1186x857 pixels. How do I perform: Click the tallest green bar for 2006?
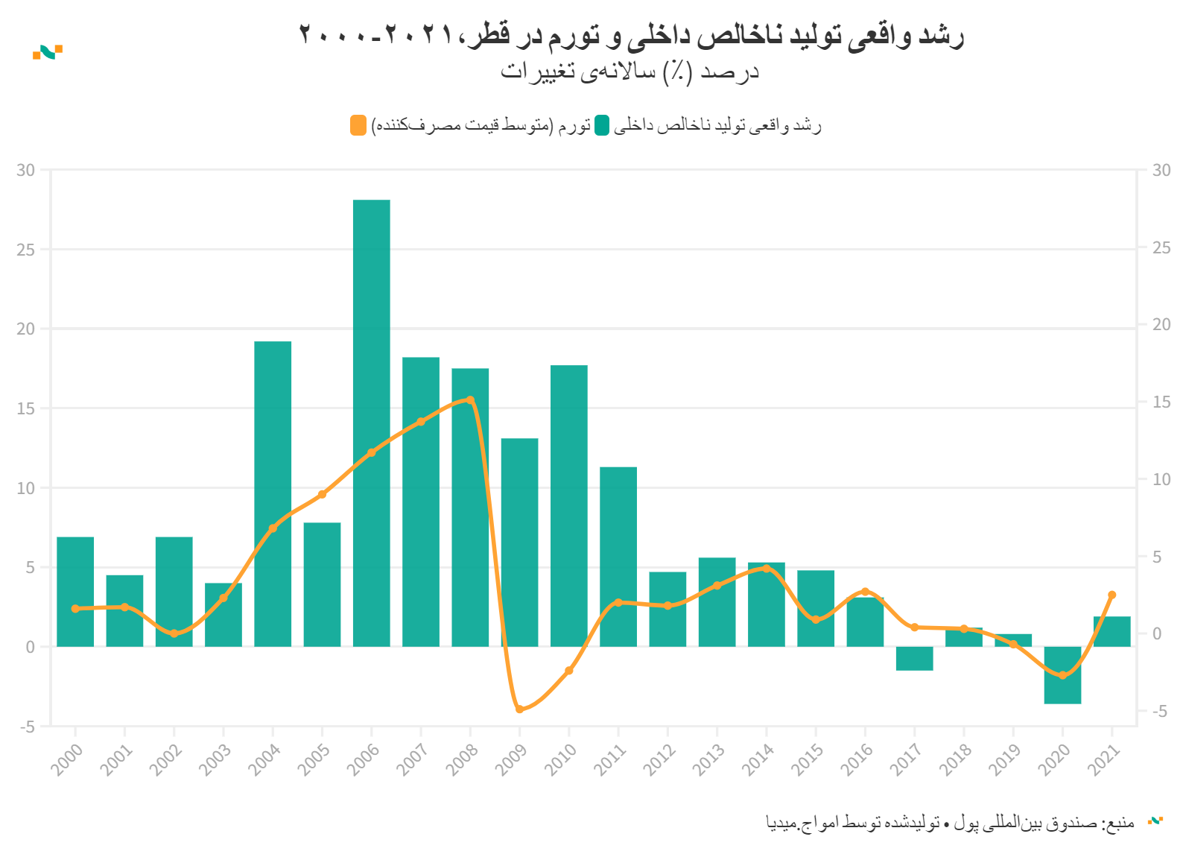point(371,423)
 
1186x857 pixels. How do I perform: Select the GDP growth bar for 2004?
point(273,493)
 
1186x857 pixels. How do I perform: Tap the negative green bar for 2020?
point(1062,675)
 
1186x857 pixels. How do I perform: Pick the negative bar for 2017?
point(914,659)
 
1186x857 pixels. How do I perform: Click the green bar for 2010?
point(569,505)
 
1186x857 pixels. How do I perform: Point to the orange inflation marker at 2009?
point(519,709)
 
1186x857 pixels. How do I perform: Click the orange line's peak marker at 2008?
point(470,400)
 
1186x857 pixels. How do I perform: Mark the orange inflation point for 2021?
point(1112,595)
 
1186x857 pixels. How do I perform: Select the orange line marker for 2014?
point(766,569)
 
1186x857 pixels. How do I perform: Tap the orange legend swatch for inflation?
point(358,125)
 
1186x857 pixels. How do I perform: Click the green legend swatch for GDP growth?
point(602,125)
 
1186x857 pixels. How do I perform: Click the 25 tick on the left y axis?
point(26,250)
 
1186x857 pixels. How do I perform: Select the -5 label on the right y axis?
point(1159,711)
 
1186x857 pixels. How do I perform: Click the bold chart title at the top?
point(632,35)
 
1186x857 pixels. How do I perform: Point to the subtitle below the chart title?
point(630,72)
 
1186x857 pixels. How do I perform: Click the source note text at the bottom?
point(950,823)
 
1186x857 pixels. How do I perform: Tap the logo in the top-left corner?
point(48,51)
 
